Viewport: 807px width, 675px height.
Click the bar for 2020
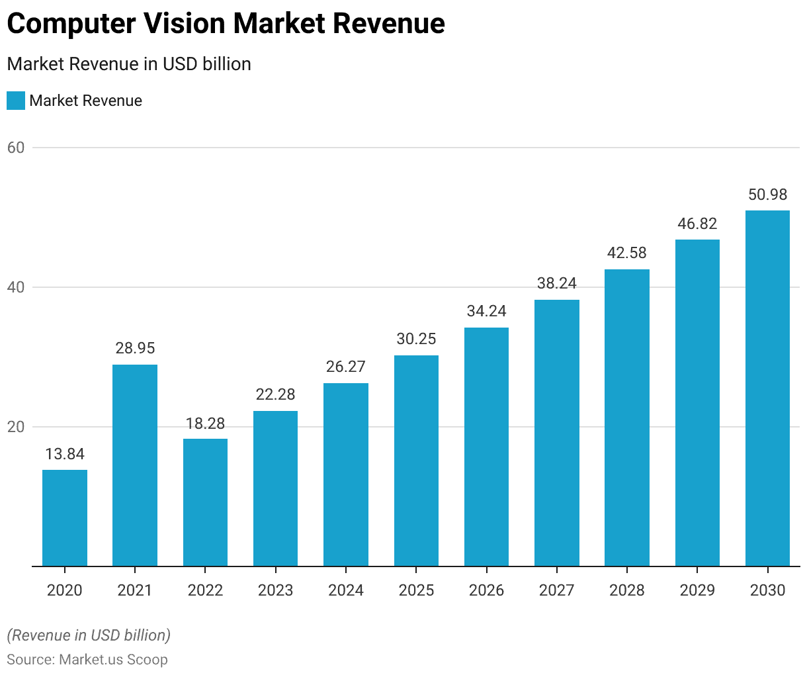click(x=65, y=517)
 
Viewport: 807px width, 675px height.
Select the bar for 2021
click(x=135, y=465)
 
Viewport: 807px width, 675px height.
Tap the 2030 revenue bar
click(x=767, y=388)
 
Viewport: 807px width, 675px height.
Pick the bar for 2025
click(x=416, y=461)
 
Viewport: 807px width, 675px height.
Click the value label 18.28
click(x=205, y=424)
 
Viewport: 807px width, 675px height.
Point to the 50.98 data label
click(x=767, y=195)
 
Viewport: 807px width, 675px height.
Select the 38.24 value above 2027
click(x=557, y=284)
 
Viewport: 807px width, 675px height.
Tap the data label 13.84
click(x=65, y=454)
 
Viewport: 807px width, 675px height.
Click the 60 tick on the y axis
click(x=16, y=148)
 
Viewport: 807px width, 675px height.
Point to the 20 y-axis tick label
click(x=16, y=427)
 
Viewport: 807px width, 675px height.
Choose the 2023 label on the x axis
click(x=275, y=590)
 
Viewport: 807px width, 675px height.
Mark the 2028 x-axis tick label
click(x=627, y=590)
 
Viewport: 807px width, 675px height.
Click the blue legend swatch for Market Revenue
click(x=16, y=101)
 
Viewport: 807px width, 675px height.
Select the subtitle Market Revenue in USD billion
click(x=129, y=64)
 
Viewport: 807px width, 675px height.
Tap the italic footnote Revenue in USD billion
click(x=89, y=635)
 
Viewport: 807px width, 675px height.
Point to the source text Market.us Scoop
click(x=113, y=660)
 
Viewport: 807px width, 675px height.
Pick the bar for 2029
click(x=697, y=402)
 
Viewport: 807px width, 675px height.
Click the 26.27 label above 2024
click(x=346, y=367)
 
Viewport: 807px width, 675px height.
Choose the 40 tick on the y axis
click(x=16, y=287)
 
